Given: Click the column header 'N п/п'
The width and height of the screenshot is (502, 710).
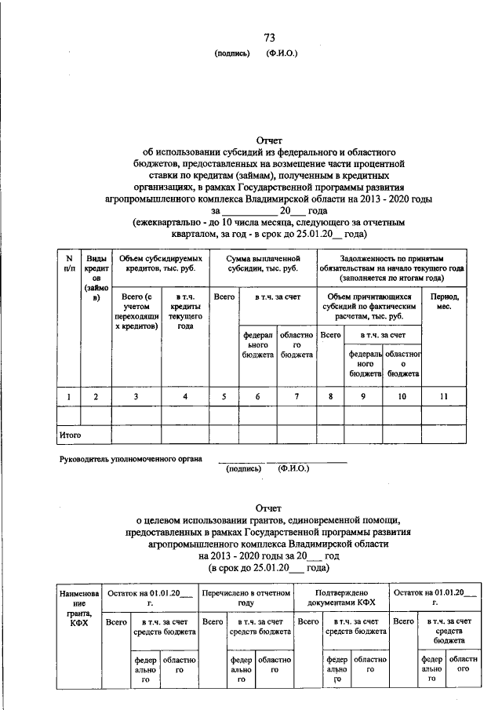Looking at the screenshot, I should tap(68, 264).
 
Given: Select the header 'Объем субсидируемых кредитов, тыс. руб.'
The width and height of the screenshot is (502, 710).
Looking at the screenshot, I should tap(159, 264).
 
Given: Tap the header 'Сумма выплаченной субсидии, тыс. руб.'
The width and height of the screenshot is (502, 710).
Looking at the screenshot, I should tap(264, 264).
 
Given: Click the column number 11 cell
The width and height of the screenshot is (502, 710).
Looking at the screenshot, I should tap(443, 397).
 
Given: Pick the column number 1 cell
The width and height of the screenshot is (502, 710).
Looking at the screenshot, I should tap(68, 397).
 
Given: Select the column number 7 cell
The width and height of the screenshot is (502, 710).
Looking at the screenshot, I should tap(296, 397).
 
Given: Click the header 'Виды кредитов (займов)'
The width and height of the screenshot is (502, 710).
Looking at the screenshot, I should tap(96, 279).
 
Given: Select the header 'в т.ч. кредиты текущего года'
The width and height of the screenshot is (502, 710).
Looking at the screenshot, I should tap(185, 311).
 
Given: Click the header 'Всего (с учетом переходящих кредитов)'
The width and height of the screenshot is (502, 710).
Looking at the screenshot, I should tap(136, 311).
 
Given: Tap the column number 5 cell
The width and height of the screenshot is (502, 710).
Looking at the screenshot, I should tap(224, 397).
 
